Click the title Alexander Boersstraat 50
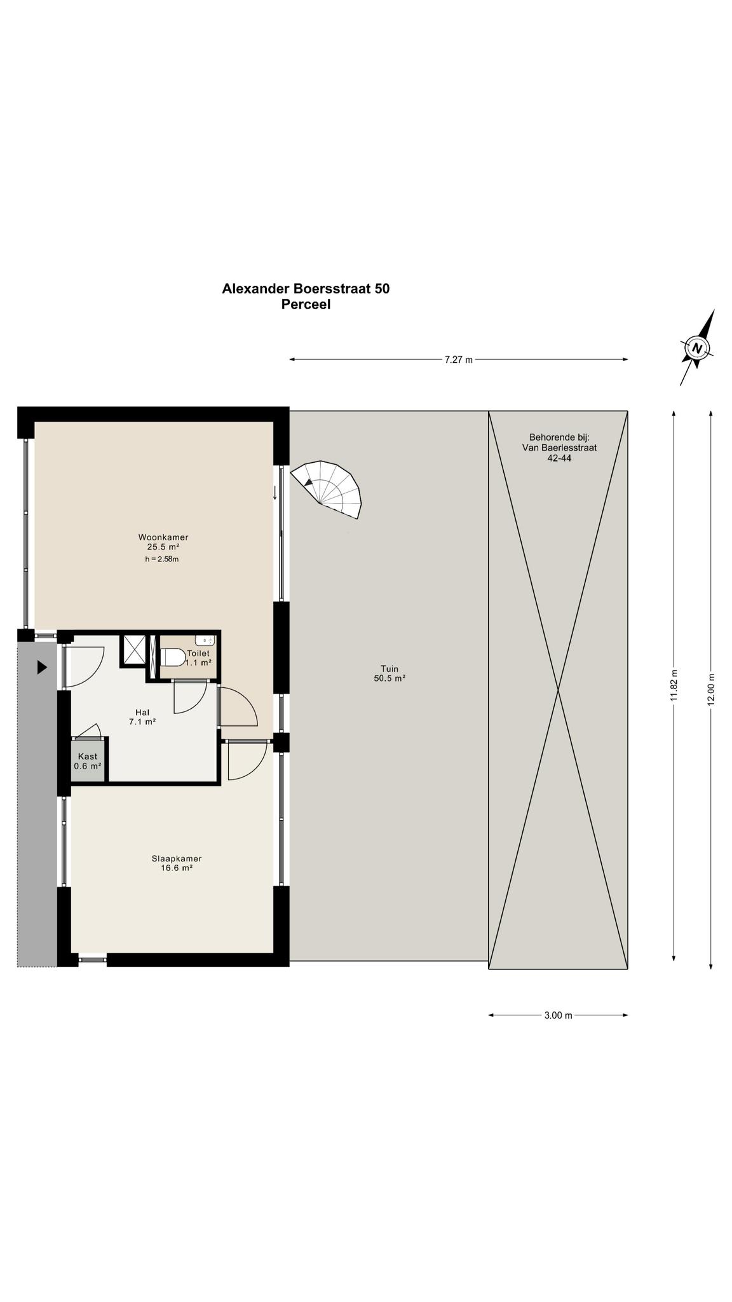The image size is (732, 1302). [x=306, y=289]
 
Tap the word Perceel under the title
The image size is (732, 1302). [x=306, y=305]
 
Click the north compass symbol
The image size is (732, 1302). [x=697, y=348]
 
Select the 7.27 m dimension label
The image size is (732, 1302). [x=458, y=360]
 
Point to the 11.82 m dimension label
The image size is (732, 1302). [x=674, y=685]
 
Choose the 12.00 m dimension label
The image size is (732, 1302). [x=711, y=689]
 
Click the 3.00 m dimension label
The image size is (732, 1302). [x=558, y=1015]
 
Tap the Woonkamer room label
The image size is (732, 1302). [x=163, y=537]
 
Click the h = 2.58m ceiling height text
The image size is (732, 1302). [x=161, y=559]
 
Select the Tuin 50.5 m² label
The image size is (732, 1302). [x=390, y=673]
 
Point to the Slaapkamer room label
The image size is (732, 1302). [x=177, y=858]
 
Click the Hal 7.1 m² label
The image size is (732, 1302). [x=142, y=716]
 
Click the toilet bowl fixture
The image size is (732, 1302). [x=172, y=656]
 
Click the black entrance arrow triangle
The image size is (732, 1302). [x=42, y=668]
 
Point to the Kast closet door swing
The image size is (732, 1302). [x=89, y=730]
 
